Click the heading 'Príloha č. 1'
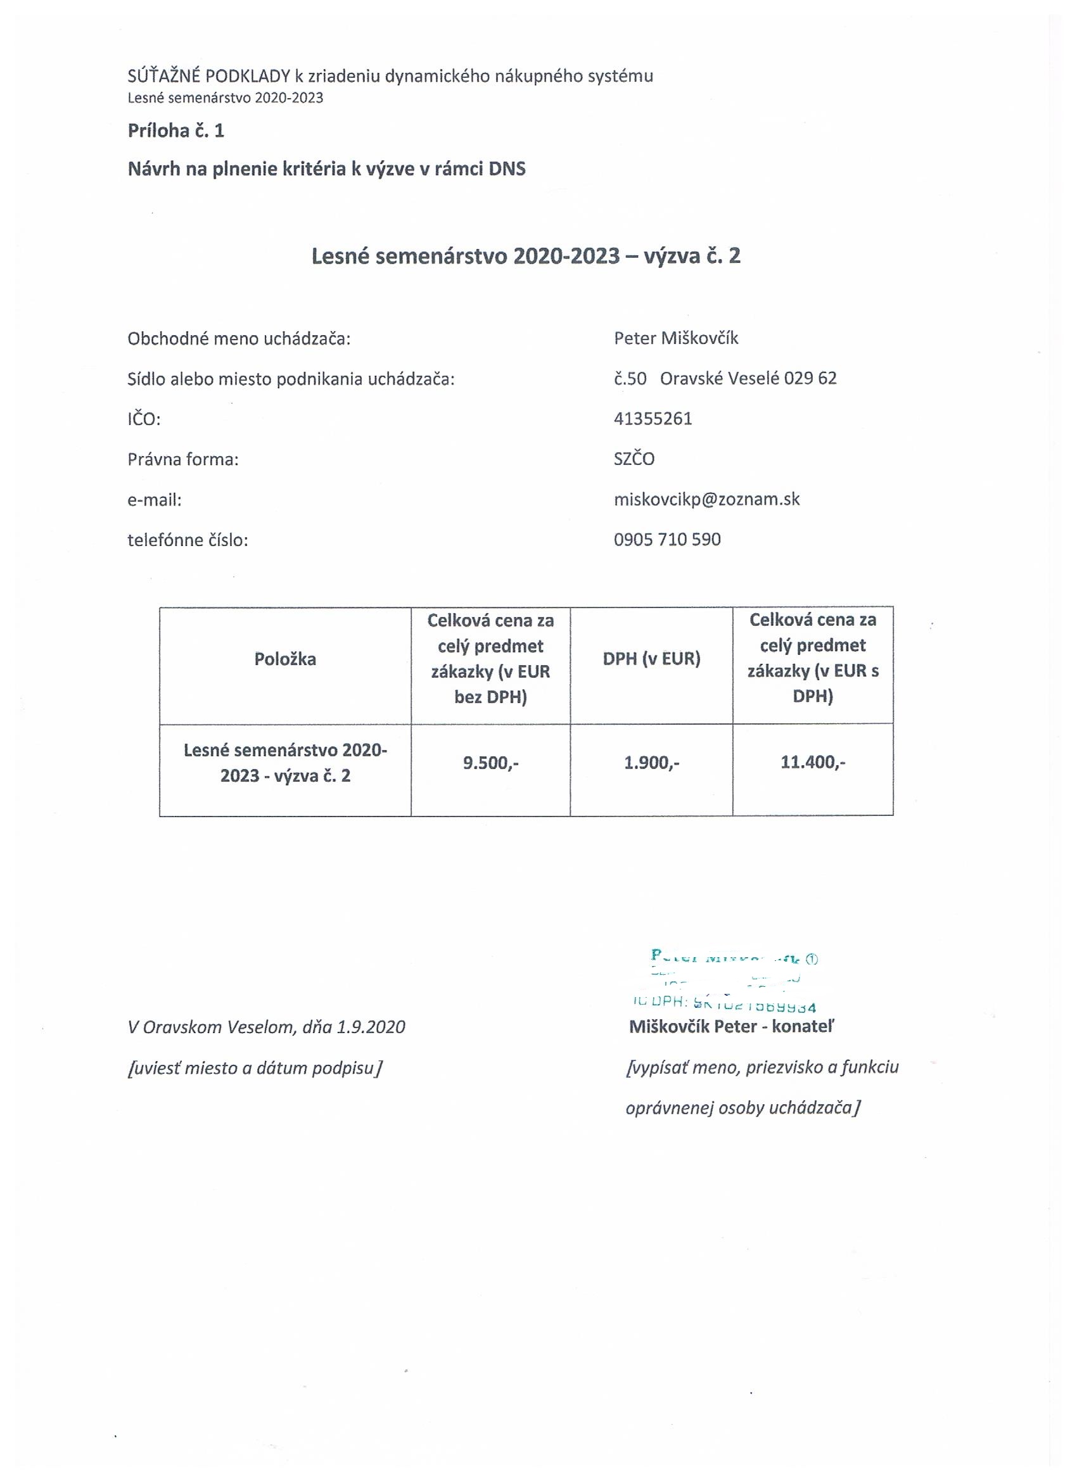pos(175,130)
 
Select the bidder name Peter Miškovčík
pos(676,338)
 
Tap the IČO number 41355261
pos(653,419)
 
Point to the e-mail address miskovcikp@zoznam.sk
pos(706,500)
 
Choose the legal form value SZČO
pos(634,459)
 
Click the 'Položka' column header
pos(284,659)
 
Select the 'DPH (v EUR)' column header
pos(651,659)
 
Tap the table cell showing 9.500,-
pos(490,763)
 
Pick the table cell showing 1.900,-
pos(651,763)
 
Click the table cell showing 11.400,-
pos(812,762)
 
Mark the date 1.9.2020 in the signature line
pos(371,1027)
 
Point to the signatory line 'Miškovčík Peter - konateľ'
pos(732,1027)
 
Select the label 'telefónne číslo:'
pos(188,541)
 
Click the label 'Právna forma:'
pos(183,460)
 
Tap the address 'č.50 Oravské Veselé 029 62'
pos(725,379)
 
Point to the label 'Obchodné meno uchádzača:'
pos(239,339)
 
